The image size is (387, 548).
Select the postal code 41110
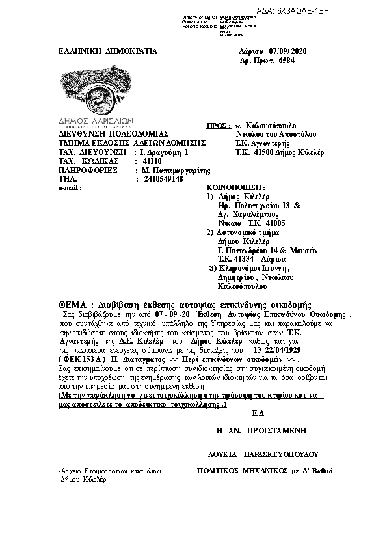[x=153, y=161]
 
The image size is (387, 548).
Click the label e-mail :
[x=71, y=187]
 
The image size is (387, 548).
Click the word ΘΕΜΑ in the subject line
[x=72, y=305]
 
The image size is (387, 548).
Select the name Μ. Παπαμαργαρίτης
[x=178, y=170]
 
